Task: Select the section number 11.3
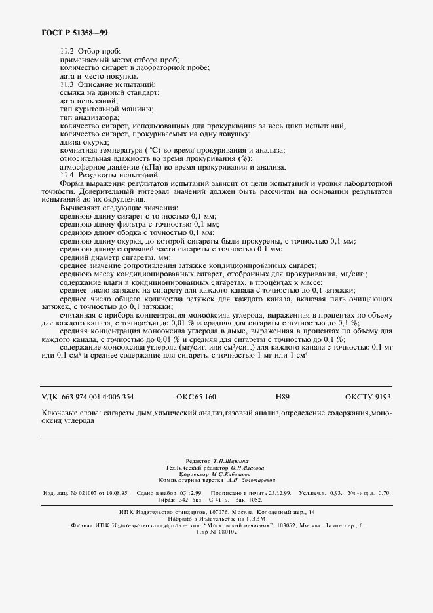67,84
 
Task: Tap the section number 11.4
67,175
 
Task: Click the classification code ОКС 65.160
197,397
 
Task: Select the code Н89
283,397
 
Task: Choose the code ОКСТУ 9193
367,397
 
